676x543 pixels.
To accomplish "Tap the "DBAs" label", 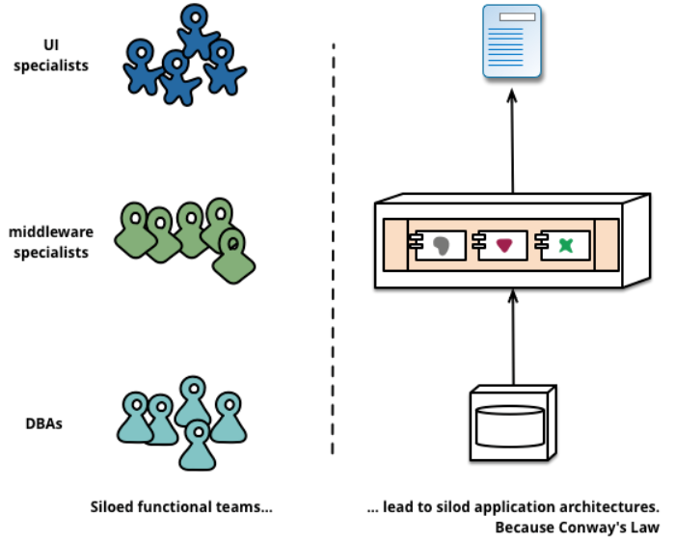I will click(x=44, y=421).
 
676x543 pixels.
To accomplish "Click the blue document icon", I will click(x=512, y=41).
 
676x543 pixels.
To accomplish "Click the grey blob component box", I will click(x=439, y=245).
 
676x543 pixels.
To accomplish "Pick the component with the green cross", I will click(x=564, y=245).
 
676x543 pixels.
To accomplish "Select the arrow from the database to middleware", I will click(x=512, y=338).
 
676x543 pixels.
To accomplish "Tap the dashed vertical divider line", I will click(x=334, y=251).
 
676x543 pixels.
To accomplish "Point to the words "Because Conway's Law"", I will click(x=577, y=528).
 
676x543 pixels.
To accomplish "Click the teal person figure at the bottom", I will click(x=197, y=445).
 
